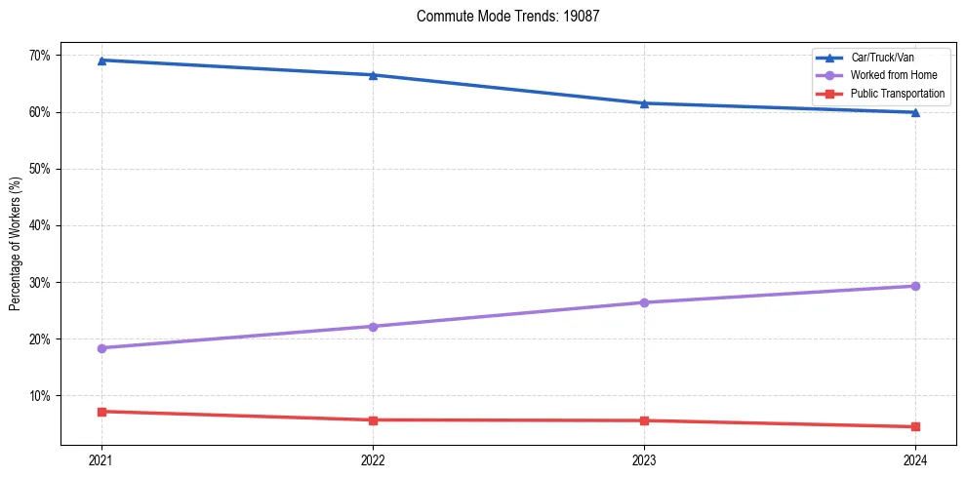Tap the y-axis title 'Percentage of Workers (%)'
pos(15,244)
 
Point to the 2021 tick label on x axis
pos(101,460)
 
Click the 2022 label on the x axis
pos(373,460)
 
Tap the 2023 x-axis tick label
pos(644,460)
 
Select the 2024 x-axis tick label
pos(915,460)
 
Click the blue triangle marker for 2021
pos(101,60)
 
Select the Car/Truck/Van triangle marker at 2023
pos(644,103)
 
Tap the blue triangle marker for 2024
pos(915,112)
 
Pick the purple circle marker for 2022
pos(373,326)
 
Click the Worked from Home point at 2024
pos(915,286)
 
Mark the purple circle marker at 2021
pos(101,348)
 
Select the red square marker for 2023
pos(644,420)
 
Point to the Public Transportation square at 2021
pos(101,412)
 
